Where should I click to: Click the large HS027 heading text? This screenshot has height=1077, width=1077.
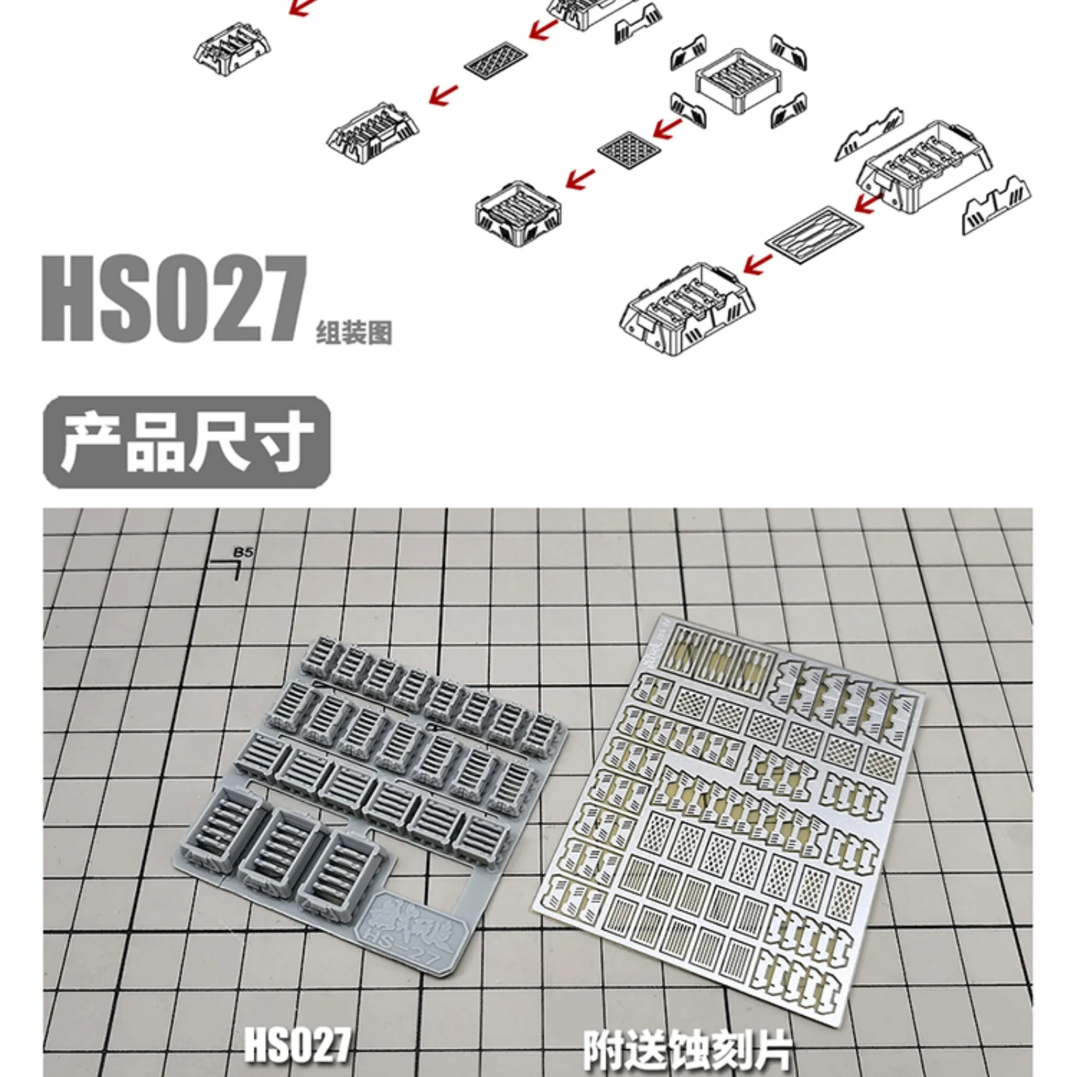point(174,299)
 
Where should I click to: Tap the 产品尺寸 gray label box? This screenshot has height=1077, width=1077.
point(187,442)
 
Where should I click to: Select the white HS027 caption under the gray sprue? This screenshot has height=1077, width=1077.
point(297,1044)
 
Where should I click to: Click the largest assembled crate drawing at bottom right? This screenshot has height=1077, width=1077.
point(687,310)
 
